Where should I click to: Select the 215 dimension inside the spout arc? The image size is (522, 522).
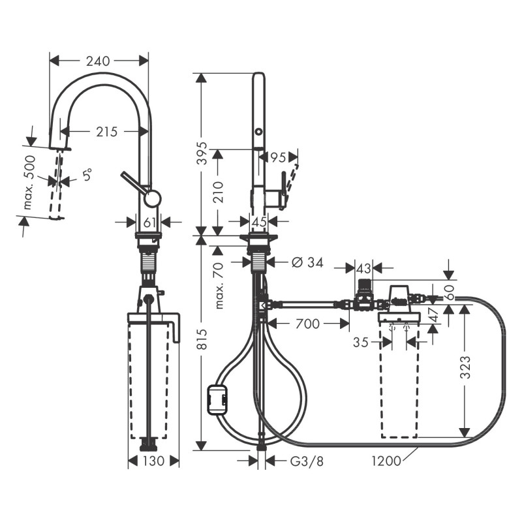click(106, 132)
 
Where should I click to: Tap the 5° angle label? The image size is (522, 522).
click(87, 175)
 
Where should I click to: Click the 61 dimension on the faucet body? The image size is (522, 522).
click(149, 223)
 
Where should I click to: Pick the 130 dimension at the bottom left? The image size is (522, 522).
click(153, 461)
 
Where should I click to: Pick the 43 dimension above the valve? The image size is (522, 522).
click(364, 268)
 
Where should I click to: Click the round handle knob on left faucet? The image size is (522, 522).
click(152, 199)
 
